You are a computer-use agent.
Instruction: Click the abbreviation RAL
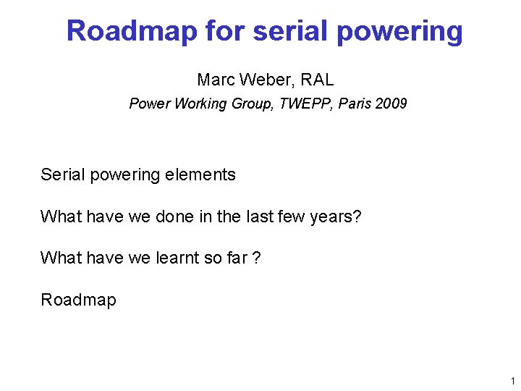coord(318,79)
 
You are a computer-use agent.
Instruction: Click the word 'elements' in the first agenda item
coord(204,175)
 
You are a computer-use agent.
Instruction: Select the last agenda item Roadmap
coord(78,299)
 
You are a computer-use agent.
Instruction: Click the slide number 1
coord(512,381)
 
